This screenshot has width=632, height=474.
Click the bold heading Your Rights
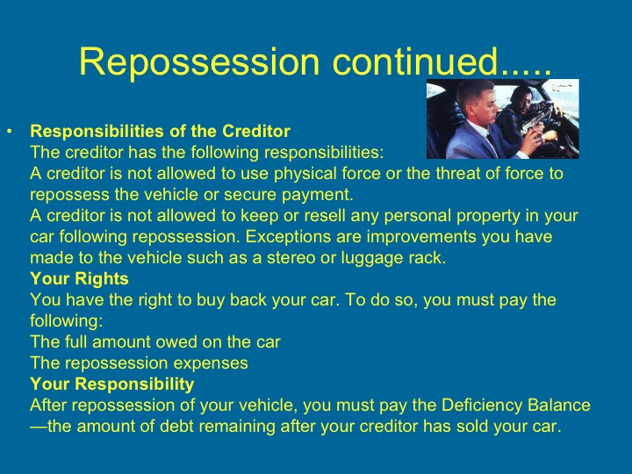(x=79, y=279)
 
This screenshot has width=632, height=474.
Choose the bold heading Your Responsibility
(x=111, y=384)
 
